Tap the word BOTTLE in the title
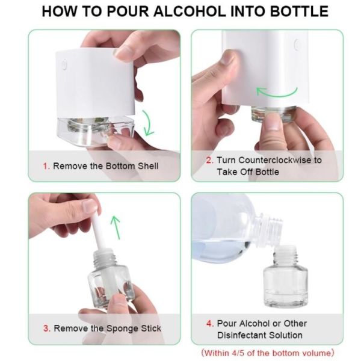[298, 11]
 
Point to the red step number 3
[46, 329]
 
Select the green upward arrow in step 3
[116, 227]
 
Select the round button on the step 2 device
[297, 44]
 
